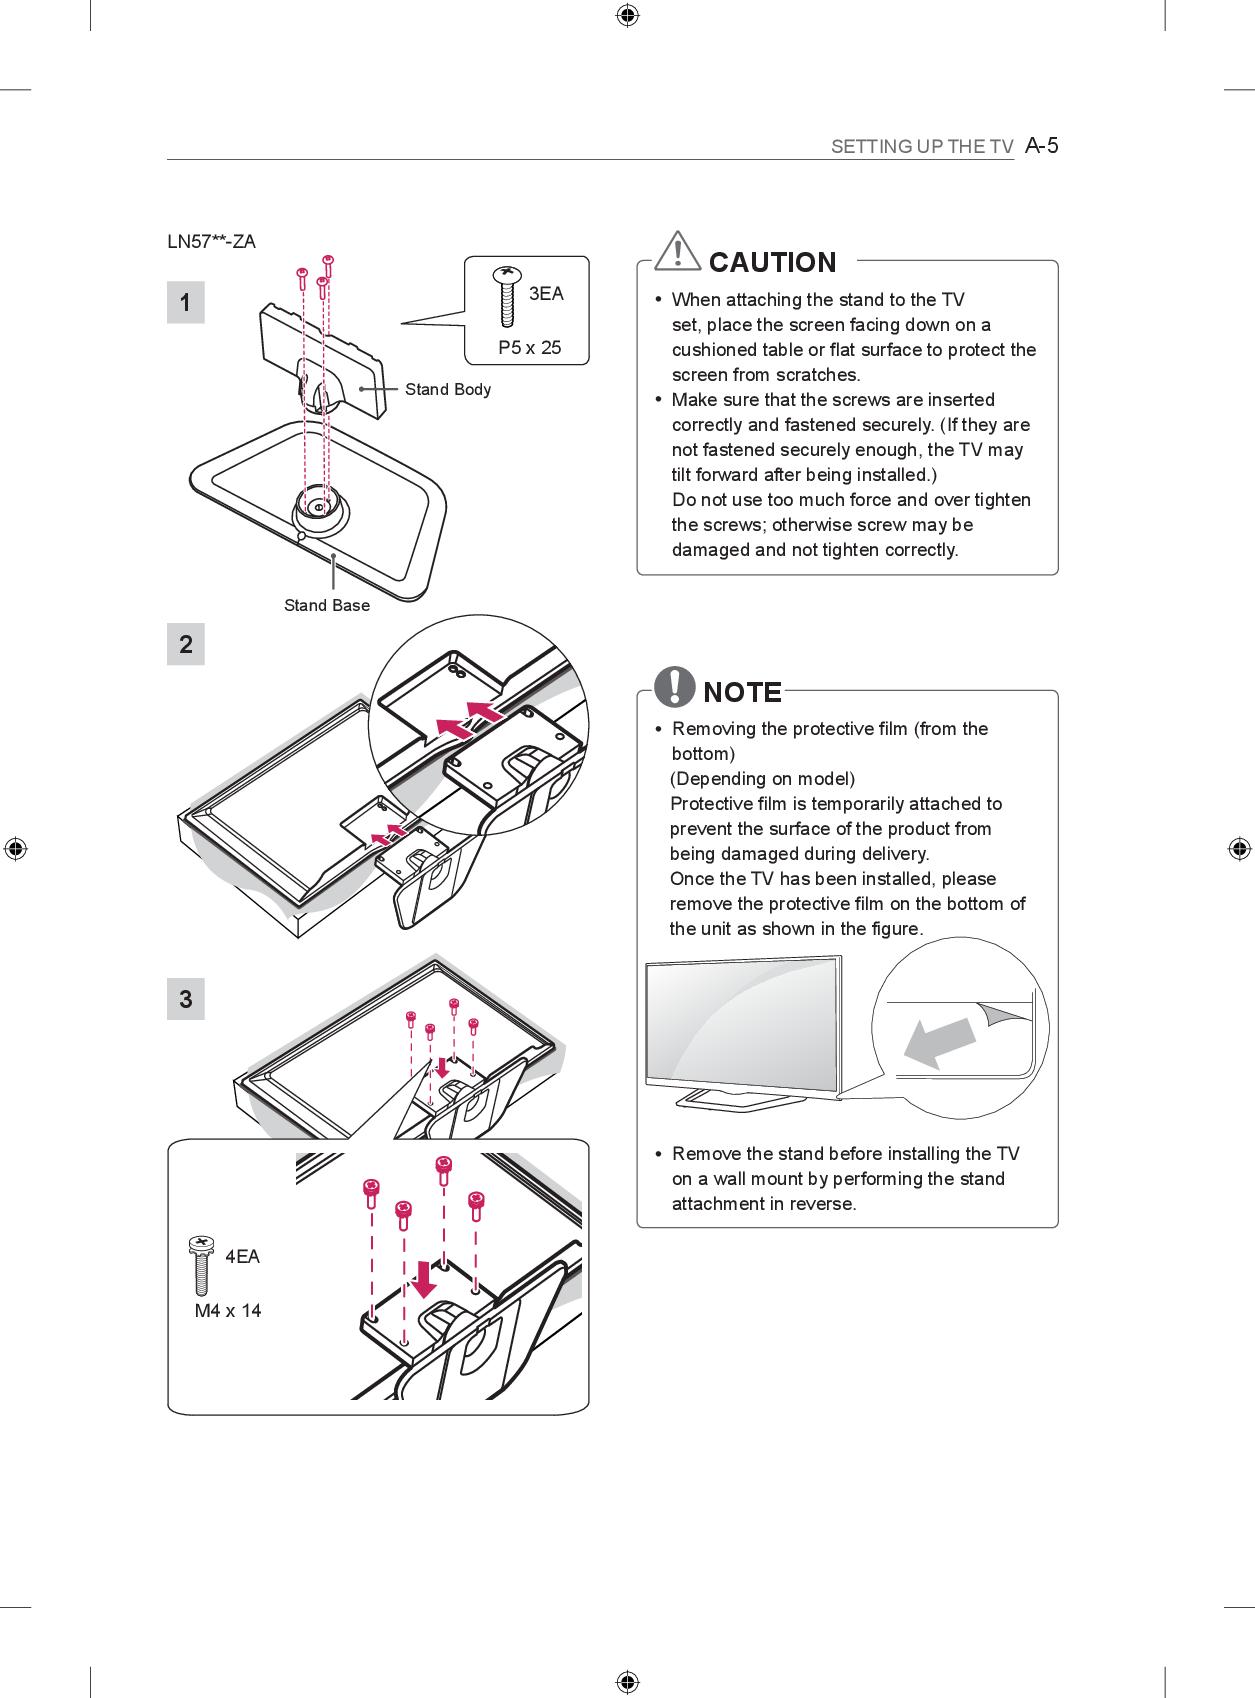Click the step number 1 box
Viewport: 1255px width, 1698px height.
[186, 303]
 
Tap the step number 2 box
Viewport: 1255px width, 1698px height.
[186, 645]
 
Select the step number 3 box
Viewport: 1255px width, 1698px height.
[186, 999]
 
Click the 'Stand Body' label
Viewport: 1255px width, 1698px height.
[448, 389]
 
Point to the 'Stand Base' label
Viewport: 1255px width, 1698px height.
[327, 605]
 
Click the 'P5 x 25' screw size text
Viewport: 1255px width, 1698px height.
[530, 348]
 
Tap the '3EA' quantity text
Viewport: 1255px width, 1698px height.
[546, 293]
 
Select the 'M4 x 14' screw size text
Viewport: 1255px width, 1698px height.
[228, 1311]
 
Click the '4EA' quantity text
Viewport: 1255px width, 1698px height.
[242, 1257]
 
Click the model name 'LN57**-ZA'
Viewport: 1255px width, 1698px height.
[212, 242]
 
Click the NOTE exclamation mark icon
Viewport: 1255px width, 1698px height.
[677, 687]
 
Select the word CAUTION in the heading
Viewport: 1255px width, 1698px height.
[772, 263]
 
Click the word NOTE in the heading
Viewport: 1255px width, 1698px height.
[743, 692]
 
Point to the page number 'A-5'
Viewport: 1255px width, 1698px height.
[1042, 146]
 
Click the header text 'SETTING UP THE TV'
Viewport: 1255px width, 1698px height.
[922, 147]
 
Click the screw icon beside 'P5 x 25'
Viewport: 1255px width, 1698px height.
[508, 297]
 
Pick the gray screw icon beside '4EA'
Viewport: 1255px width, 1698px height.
[200, 1264]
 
